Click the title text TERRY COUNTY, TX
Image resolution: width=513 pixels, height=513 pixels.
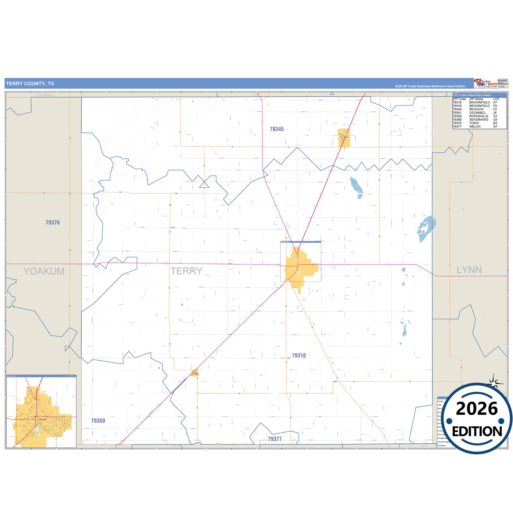[x=30, y=84]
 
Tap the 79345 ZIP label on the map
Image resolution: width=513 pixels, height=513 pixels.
[x=277, y=129]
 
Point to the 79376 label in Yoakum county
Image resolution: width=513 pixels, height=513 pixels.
[x=53, y=223]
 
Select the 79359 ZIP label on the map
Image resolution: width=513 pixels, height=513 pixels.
[x=98, y=421]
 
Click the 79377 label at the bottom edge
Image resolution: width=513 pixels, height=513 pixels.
[x=275, y=439]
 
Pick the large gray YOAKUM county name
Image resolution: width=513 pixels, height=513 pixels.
[x=44, y=271]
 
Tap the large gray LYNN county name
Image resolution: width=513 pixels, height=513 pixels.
[x=469, y=270]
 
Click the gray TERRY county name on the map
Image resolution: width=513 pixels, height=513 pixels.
[x=186, y=271]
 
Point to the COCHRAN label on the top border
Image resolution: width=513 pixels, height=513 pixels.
[x=44, y=95]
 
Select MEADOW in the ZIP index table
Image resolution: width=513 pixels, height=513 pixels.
[x=476, y=109]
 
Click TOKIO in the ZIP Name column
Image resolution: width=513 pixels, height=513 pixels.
[x=474, y=123]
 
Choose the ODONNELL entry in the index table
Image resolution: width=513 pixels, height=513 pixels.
[x=477, y=113]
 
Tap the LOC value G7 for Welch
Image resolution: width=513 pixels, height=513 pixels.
[x=495, y=127]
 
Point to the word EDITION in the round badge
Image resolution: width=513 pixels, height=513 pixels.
[x=477, y=432]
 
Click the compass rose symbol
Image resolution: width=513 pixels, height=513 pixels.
[x=493, y=382]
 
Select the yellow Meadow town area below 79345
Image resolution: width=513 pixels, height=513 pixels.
[x=344, y=138]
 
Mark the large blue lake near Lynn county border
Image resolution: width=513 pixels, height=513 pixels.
[x=426, y=228]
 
